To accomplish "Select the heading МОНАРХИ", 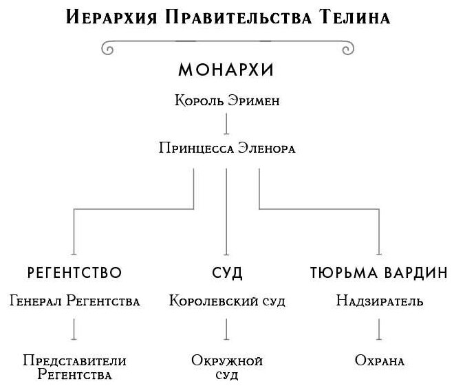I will pos(226,70).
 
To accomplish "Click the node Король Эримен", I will pos(226,101).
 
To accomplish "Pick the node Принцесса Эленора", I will pos(226,147).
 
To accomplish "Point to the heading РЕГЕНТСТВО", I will pos(74,272).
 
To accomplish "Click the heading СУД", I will pos(227,272).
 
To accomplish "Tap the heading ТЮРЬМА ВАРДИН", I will pos(379,272).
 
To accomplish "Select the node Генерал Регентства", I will pos(74,301).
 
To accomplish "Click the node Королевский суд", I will pos(226,301).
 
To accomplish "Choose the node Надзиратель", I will pos(379,301).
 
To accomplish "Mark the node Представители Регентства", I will pos(74,367).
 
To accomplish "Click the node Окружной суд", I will pos(226,367).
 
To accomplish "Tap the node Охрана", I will pos(379,360).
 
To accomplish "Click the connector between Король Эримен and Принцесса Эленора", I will pos(226,124).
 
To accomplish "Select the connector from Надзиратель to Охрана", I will pos(379,330).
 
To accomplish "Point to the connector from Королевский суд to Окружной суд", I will pos(226,330).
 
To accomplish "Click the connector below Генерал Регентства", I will pos(74,330).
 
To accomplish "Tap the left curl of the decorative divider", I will pos(108,49).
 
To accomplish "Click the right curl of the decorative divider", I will pos(346,49).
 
